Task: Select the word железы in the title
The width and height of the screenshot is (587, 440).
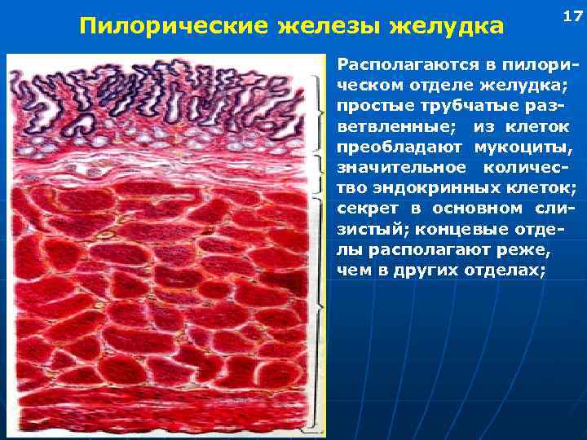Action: [323, 27]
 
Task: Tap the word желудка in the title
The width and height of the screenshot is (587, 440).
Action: [445, 27]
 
